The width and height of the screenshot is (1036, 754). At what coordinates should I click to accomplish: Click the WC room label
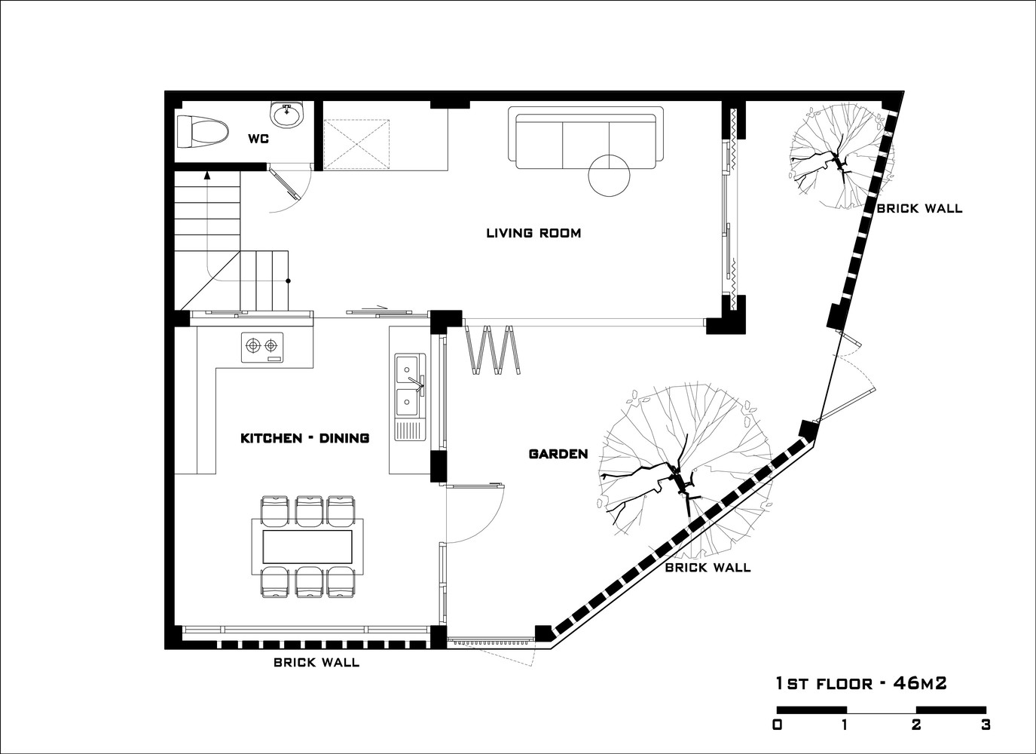click(x=258, y=139)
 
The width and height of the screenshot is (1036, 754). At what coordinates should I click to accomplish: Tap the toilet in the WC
click(x=203, y=132)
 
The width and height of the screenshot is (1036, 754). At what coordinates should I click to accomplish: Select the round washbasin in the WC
click(x=287, y=114)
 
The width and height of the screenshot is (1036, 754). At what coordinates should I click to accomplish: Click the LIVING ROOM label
click(x=533, y=232)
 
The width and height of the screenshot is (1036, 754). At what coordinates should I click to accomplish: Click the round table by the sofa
click(x=609, y=176)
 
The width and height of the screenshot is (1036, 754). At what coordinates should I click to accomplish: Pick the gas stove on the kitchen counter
click(x=262, y=347)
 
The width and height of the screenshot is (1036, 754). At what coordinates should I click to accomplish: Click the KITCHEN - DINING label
click(x=305, y=438)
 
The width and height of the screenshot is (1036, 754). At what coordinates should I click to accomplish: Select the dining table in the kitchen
click(x=307, y=547)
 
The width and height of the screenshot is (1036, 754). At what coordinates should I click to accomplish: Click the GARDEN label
click(x=558, y=454)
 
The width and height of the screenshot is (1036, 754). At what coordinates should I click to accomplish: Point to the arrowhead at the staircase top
click(x=207, y=176)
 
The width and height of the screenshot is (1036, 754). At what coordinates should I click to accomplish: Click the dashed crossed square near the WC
click(x=356, y=144)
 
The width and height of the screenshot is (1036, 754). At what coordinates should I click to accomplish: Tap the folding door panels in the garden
click(x=494, y=350)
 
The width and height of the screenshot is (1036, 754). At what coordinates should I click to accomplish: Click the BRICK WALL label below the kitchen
click(x=316, y=662)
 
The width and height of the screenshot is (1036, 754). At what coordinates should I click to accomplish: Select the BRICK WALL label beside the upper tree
click(x=919, y=208)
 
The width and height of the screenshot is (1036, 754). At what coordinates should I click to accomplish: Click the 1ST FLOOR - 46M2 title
click(x=861, y=683)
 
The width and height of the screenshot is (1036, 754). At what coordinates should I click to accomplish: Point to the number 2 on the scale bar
click(x=916, y=725)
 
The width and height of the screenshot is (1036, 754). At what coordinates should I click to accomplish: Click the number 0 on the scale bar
click(x=778, y=725)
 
